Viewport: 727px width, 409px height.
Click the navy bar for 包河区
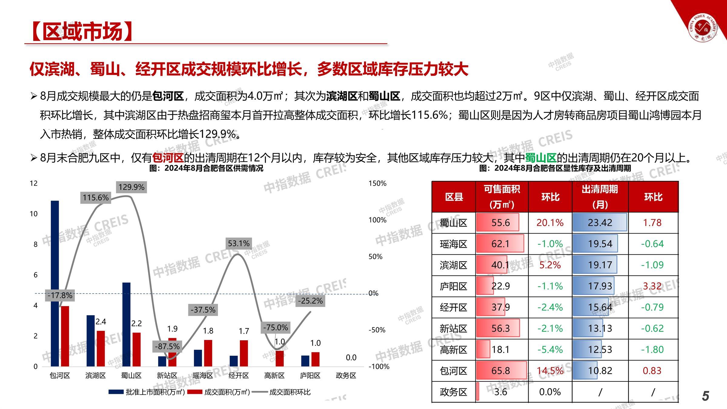point(55,283)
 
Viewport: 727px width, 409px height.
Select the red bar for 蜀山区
point(137,349)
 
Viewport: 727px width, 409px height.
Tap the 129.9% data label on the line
point(131,187)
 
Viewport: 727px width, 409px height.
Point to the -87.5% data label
point(167,346)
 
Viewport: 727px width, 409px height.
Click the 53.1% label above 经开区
point(239,243)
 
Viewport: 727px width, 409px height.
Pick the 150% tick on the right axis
point(377,183)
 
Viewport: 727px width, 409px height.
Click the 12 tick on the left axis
point(34,183)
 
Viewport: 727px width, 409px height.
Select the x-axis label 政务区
point(346,376)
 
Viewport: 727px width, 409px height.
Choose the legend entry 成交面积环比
point(290,392)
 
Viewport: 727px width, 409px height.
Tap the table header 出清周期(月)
point(600,197)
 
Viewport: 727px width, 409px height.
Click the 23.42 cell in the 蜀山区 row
point(600,223)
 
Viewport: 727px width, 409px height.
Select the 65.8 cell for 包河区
point(501,371)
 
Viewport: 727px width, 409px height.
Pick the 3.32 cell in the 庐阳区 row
point(652,286)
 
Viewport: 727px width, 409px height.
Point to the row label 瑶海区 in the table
point(453,244)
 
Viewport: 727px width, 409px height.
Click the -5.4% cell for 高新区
point(550,350)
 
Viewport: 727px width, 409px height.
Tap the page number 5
point(705,396)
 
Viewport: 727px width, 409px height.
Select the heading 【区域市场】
point(82,32)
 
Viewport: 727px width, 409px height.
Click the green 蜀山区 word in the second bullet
point(540,158)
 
